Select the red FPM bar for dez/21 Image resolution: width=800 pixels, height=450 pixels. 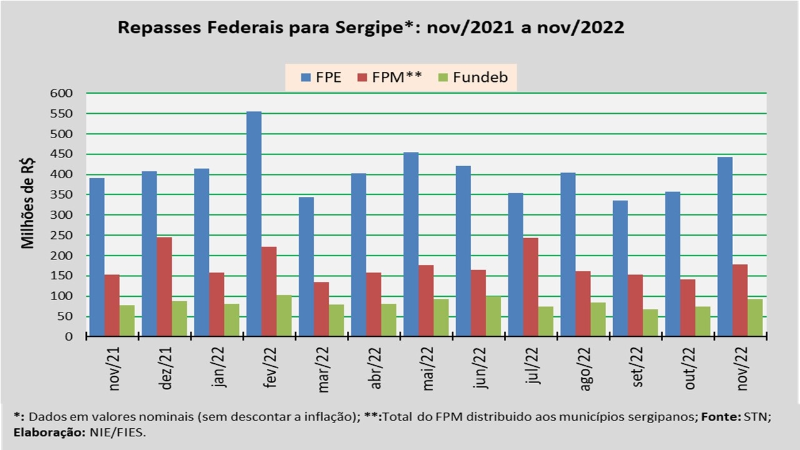click(x=164, y=287)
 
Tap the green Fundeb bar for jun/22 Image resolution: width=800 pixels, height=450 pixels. click(x=493, y=316)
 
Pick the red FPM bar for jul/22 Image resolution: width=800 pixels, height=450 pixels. click(x=531, y=287)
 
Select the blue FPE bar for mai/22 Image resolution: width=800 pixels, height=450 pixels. click(x=411, y=244)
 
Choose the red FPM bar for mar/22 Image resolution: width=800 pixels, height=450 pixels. click(x=321, y=309)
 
